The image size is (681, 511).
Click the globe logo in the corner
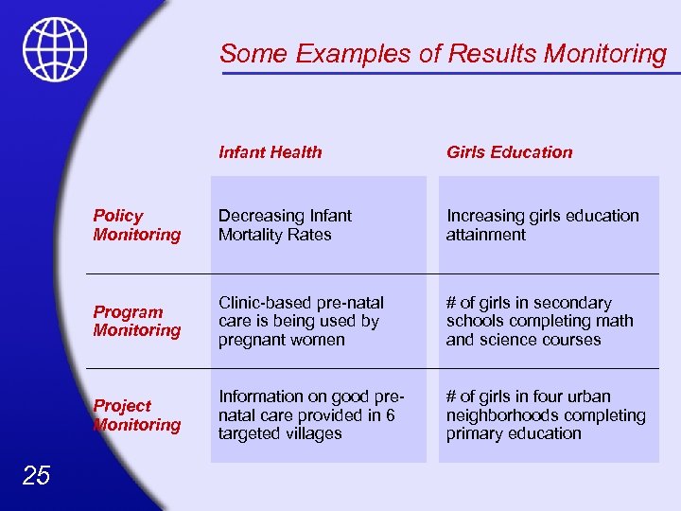point(55,49)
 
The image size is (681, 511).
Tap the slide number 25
point(36,475)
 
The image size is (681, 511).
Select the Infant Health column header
point(270,151)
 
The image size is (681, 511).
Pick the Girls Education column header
point(509,151)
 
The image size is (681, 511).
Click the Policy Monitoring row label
point(136,225)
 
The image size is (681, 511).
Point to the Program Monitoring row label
point(136,321)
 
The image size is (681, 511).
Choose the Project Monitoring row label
point(136,415)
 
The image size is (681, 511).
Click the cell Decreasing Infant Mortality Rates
point(285,225)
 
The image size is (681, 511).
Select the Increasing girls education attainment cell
point(542,225)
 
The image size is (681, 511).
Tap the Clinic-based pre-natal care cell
point(301,321)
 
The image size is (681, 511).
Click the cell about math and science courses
point(539,321)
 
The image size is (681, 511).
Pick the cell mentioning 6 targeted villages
point(312,414)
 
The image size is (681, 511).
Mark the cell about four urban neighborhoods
point(546,414)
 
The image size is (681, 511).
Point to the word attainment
point(485,235)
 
